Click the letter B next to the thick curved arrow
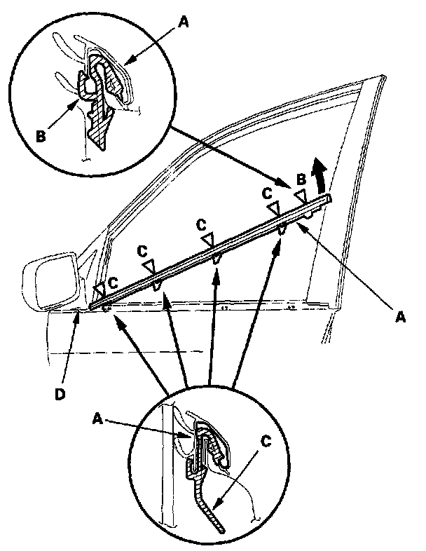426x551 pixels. [x=301, y=179]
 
